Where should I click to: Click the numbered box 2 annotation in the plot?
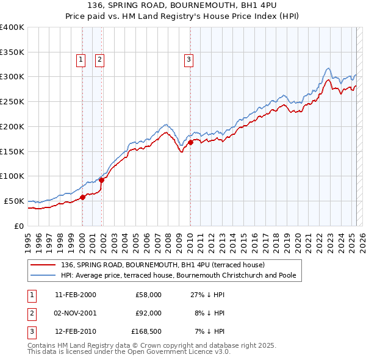click(x=99, y=60)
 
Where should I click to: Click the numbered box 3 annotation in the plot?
click(x=188, y=60)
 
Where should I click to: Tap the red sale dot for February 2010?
click(x=190, y=142)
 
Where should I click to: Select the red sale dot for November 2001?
click(x=102, y=179)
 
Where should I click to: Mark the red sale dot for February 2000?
click(x=82, y=196)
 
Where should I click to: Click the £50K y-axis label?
click(x=14, y=201)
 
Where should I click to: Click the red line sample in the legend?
click(x=43, y=265)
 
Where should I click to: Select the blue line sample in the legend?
click(x=43, y=275)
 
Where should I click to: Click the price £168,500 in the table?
click(x=146, y=332)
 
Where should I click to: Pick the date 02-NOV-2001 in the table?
click(x=75, y=313)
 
